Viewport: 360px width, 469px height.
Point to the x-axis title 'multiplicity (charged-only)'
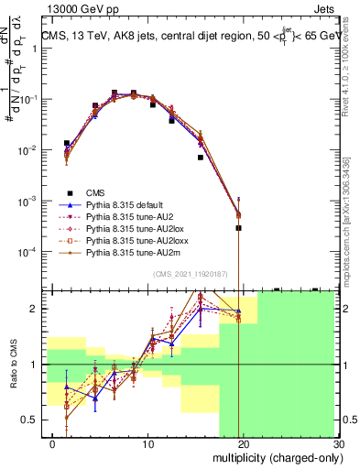point(271,459)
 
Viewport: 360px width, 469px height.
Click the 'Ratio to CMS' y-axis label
point(12,365)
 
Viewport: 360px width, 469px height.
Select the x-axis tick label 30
point(338,444)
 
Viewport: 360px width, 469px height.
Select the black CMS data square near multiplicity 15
point(201,158)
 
